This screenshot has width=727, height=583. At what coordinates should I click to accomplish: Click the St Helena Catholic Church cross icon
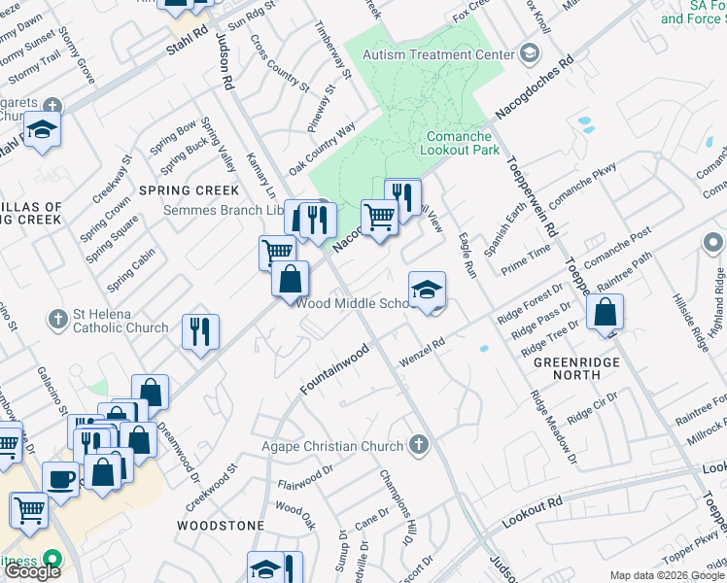pyautogui.click(x=60, y=317)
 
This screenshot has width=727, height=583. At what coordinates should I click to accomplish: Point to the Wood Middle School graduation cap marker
pyautogui.click(x=426, y=290)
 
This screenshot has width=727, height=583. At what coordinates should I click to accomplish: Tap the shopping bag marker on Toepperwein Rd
pyautogui.click(x=605, y=313)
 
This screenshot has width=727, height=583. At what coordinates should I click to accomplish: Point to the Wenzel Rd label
pyautogui.click(x=424, y=352)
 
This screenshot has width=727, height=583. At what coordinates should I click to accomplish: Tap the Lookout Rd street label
pyautogui.click(x=533, y=513)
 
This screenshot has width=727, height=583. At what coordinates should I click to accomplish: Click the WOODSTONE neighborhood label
pyautogui.click(x=220, y=525)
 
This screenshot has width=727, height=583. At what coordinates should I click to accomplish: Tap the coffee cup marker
pyautogui.click(x=60, y=479)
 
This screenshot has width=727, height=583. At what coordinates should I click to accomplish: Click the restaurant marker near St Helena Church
pyautogui.click(x=201, y=331)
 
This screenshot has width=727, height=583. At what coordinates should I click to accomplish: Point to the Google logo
pyautogui.click(x=31, y=571)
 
